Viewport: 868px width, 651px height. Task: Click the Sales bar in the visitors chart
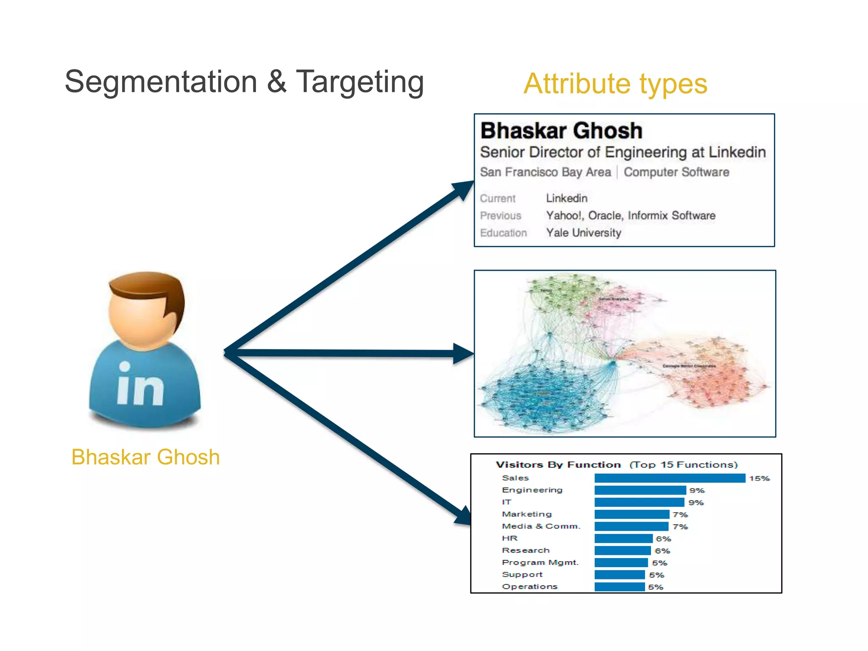[x=669, y=478]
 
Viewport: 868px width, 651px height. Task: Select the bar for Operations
[x=619, y=587]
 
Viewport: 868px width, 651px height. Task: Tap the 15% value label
[x=759, y=479]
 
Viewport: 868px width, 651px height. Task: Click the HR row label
[x=509, y=538]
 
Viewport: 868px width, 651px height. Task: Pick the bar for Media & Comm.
[x=631, y=526]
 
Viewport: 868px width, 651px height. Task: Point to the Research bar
[x=622, y=551]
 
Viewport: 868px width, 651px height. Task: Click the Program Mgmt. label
[x=540, y=562]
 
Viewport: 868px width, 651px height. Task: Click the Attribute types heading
[x=615, y=83]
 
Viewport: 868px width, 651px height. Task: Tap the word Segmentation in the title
[x=161, y=82]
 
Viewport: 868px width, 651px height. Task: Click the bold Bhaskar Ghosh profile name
[x=561, y=131]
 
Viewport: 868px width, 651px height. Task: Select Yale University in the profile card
[x=583, y=233]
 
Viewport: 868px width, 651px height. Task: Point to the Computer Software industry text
[x=676, y=172]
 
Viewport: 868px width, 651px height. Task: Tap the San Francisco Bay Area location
[x=545, y=172]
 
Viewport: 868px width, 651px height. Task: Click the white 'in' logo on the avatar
[x=140, y=384]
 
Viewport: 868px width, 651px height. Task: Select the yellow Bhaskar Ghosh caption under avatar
[x=145, y=457]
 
